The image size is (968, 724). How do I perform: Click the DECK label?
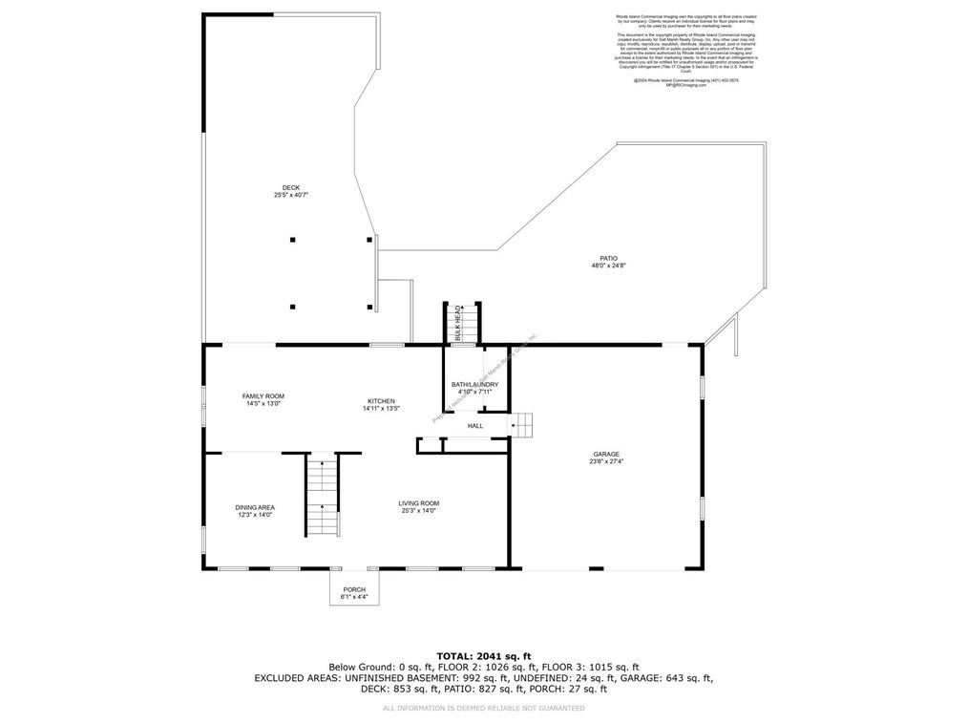pos(290,187)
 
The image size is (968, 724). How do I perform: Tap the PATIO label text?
pos(608,258)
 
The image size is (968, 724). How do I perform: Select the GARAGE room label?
pos(606,455)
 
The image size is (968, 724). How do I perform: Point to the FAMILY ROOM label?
pos(263,396)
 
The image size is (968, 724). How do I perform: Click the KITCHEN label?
pos(381,401)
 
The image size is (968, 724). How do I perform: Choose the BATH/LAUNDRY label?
pos(474,385)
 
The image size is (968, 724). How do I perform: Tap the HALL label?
pos(474,426)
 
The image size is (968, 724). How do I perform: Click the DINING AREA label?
pos(255,507)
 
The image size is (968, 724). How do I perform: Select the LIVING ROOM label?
pos(419,503)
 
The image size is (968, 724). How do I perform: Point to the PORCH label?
pos(353,589)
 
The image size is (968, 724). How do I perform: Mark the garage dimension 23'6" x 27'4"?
pos(606,462)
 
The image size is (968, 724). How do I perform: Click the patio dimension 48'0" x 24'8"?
pos(608,266)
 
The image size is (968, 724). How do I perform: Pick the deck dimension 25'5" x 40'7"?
pos(290,195)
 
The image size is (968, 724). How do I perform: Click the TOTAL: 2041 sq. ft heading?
pos(483,656)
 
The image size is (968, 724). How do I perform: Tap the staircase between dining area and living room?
pos(322,497)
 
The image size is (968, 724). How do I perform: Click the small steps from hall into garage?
pos(521,424)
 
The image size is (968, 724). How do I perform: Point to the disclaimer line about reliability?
pos(483,708)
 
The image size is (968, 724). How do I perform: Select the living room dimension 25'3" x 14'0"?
pos(419,511)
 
